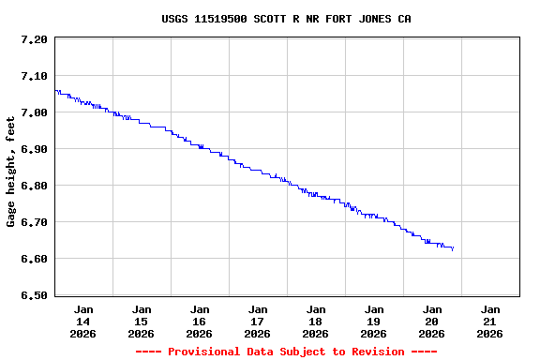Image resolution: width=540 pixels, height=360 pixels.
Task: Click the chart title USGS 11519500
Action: click(286, 19)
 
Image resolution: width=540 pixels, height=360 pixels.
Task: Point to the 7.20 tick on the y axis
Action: click(33, 39)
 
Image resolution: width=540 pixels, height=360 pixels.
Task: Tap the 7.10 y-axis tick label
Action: click(33, 76)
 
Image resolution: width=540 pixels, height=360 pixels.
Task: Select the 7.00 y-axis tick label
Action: click(33, 112)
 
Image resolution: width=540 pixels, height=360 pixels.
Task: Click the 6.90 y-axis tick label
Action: click(33, 149)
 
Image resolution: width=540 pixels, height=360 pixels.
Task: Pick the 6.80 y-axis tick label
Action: click(33, 186)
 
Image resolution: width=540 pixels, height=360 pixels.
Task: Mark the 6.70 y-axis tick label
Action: click(33, 222)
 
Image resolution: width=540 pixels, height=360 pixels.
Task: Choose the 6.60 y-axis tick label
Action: click(33, 259)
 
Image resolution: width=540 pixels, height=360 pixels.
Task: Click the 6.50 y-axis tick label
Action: click(33, 295)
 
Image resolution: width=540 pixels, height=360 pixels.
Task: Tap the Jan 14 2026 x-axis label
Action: click(83, 321)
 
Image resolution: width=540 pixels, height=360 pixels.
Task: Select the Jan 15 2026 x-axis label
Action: click(142, 321)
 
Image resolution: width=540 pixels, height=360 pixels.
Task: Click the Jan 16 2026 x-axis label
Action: click(200, 321)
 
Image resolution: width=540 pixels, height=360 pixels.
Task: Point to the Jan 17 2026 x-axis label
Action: click(258, 321)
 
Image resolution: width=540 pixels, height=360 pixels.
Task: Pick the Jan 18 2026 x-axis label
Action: click(316, 321)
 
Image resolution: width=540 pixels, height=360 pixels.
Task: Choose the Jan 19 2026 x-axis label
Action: click(374, 321)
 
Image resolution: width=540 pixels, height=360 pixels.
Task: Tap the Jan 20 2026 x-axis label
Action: click(432, 321)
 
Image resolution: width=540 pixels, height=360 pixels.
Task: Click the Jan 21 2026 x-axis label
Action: click(490, 321)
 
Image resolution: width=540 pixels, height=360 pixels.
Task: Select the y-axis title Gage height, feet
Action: click(11, 172)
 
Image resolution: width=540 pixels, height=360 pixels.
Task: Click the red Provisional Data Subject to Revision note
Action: click(286, 352)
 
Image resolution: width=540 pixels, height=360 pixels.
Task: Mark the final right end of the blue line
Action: click(454, 249)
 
